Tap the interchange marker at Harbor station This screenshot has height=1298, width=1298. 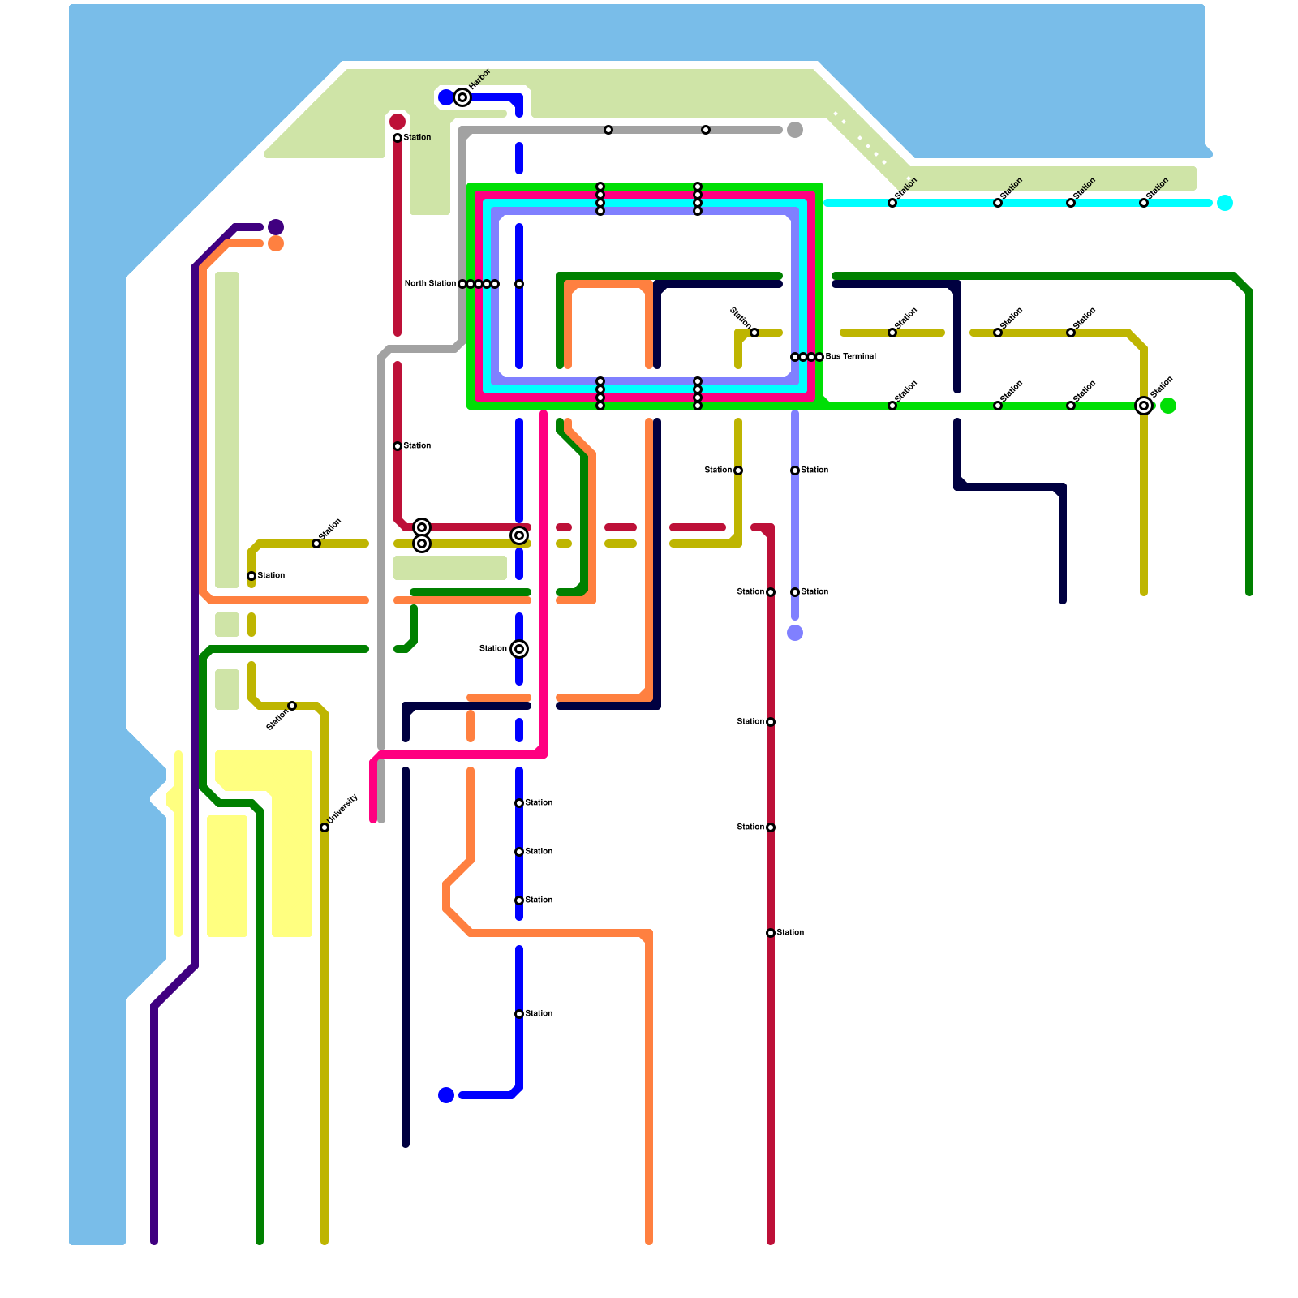462,97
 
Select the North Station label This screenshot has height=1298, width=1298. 430,284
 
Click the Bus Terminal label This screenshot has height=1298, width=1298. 850,357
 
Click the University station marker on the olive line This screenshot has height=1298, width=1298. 324,827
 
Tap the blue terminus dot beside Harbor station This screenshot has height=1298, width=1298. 445,97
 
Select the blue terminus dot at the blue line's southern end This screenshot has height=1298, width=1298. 446,1095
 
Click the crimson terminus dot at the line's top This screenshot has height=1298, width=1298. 398,122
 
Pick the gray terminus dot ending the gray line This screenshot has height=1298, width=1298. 795,130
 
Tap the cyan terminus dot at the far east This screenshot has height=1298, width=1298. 1225,203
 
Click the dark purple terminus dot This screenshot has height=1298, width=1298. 276,227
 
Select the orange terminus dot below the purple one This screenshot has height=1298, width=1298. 276,243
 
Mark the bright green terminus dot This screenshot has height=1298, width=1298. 1168,406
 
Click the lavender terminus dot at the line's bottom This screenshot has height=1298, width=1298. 795,633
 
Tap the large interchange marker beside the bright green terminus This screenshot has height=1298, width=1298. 1144,406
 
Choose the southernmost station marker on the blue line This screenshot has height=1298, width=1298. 519,1014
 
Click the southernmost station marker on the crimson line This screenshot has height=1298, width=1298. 771,933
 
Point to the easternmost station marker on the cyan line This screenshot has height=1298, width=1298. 1144,203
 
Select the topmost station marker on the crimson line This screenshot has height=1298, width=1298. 398,138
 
